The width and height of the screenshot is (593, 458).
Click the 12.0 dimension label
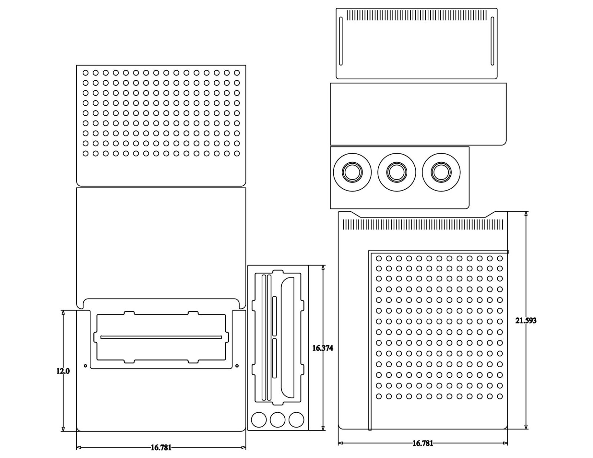tap(63, 371)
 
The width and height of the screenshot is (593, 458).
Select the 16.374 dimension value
tap(322, 348)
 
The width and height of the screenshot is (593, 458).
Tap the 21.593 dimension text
tap(526, 321)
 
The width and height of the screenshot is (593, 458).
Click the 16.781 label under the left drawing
tap(161, 448)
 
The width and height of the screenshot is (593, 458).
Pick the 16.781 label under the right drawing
tap(423, 443)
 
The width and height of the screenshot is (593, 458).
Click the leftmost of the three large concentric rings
tap(352, 172)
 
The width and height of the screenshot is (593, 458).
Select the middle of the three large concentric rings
tap(397, 172)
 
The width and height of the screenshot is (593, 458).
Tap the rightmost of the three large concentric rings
tap(441, 172)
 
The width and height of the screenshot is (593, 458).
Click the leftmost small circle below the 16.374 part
tap(259, 420)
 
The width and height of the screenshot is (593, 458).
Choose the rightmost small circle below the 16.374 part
tap(296, 420)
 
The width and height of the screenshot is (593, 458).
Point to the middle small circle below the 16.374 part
tap(278, 420)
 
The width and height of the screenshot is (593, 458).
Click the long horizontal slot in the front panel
tap(161, 337)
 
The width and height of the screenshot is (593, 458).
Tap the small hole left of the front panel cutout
tap(86, 366)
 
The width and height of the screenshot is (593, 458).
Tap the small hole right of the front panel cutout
tap(237, 366)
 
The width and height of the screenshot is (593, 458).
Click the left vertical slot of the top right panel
tap(341, 41)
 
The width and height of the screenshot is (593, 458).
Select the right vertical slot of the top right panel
tap(492, 41)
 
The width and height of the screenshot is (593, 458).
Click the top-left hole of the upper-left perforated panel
tap(86, 73)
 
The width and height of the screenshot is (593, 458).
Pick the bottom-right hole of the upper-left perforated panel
tap(237, 153)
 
